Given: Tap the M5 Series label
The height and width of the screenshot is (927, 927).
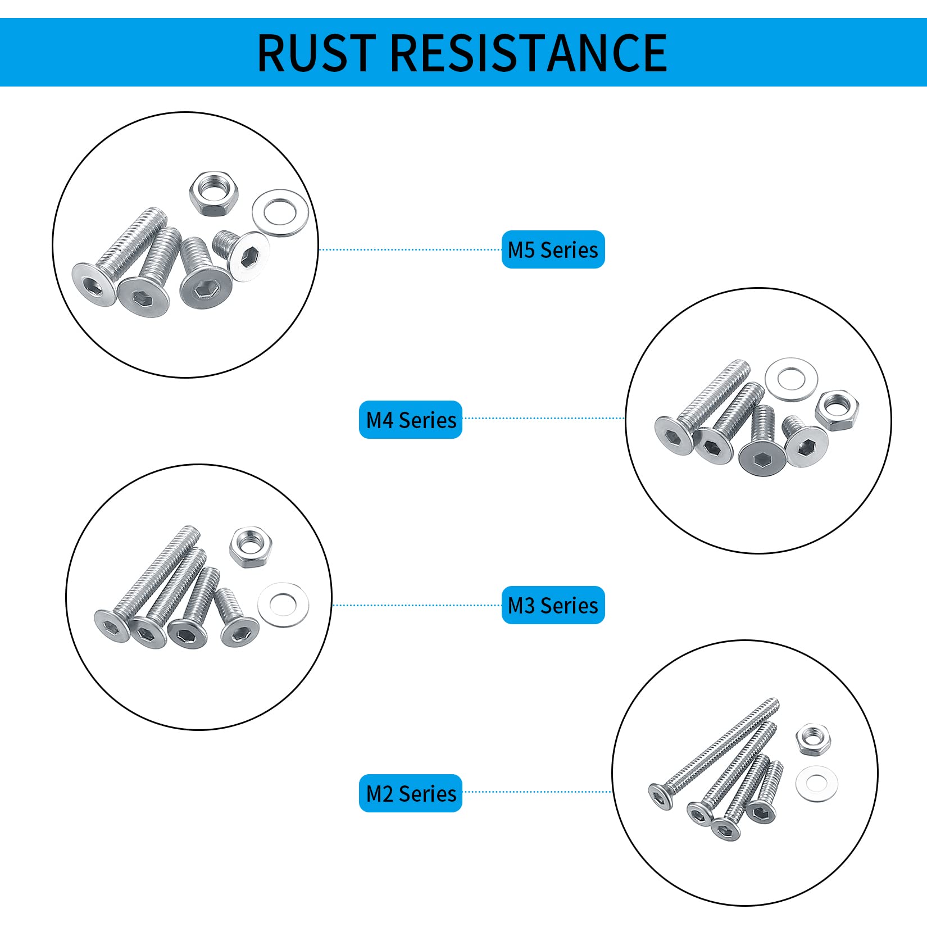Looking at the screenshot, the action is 553,249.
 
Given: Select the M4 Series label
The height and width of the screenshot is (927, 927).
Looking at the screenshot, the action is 411,420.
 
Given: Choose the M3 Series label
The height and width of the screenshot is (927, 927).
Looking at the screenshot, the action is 553,605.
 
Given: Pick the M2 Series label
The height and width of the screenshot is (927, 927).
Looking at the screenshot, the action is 411,793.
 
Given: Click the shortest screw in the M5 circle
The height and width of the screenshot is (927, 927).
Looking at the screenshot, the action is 242,255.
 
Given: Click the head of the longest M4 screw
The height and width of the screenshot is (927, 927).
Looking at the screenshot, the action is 674,436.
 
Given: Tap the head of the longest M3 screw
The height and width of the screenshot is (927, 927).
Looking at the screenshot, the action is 112,626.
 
